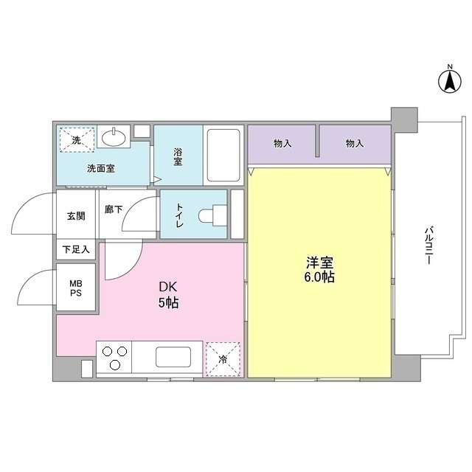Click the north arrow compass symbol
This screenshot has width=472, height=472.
pos(448,80)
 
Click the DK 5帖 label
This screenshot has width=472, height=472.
pos(165,294)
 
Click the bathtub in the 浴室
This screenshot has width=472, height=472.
pos(222,156)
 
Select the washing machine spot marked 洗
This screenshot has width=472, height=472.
pos(77,139)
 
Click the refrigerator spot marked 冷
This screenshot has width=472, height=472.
pos(223,359)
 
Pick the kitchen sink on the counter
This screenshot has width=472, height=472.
pos(173,358)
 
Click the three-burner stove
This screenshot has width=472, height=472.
pos(114,358)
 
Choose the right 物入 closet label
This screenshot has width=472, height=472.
pos(355,143)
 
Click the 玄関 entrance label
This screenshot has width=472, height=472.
pos(76,216)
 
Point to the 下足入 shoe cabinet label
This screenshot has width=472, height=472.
pos(76,249)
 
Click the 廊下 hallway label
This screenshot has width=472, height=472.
pos(114,209)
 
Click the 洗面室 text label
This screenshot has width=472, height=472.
pos(101,168)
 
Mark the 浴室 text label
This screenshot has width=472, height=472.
pos(178,156)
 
